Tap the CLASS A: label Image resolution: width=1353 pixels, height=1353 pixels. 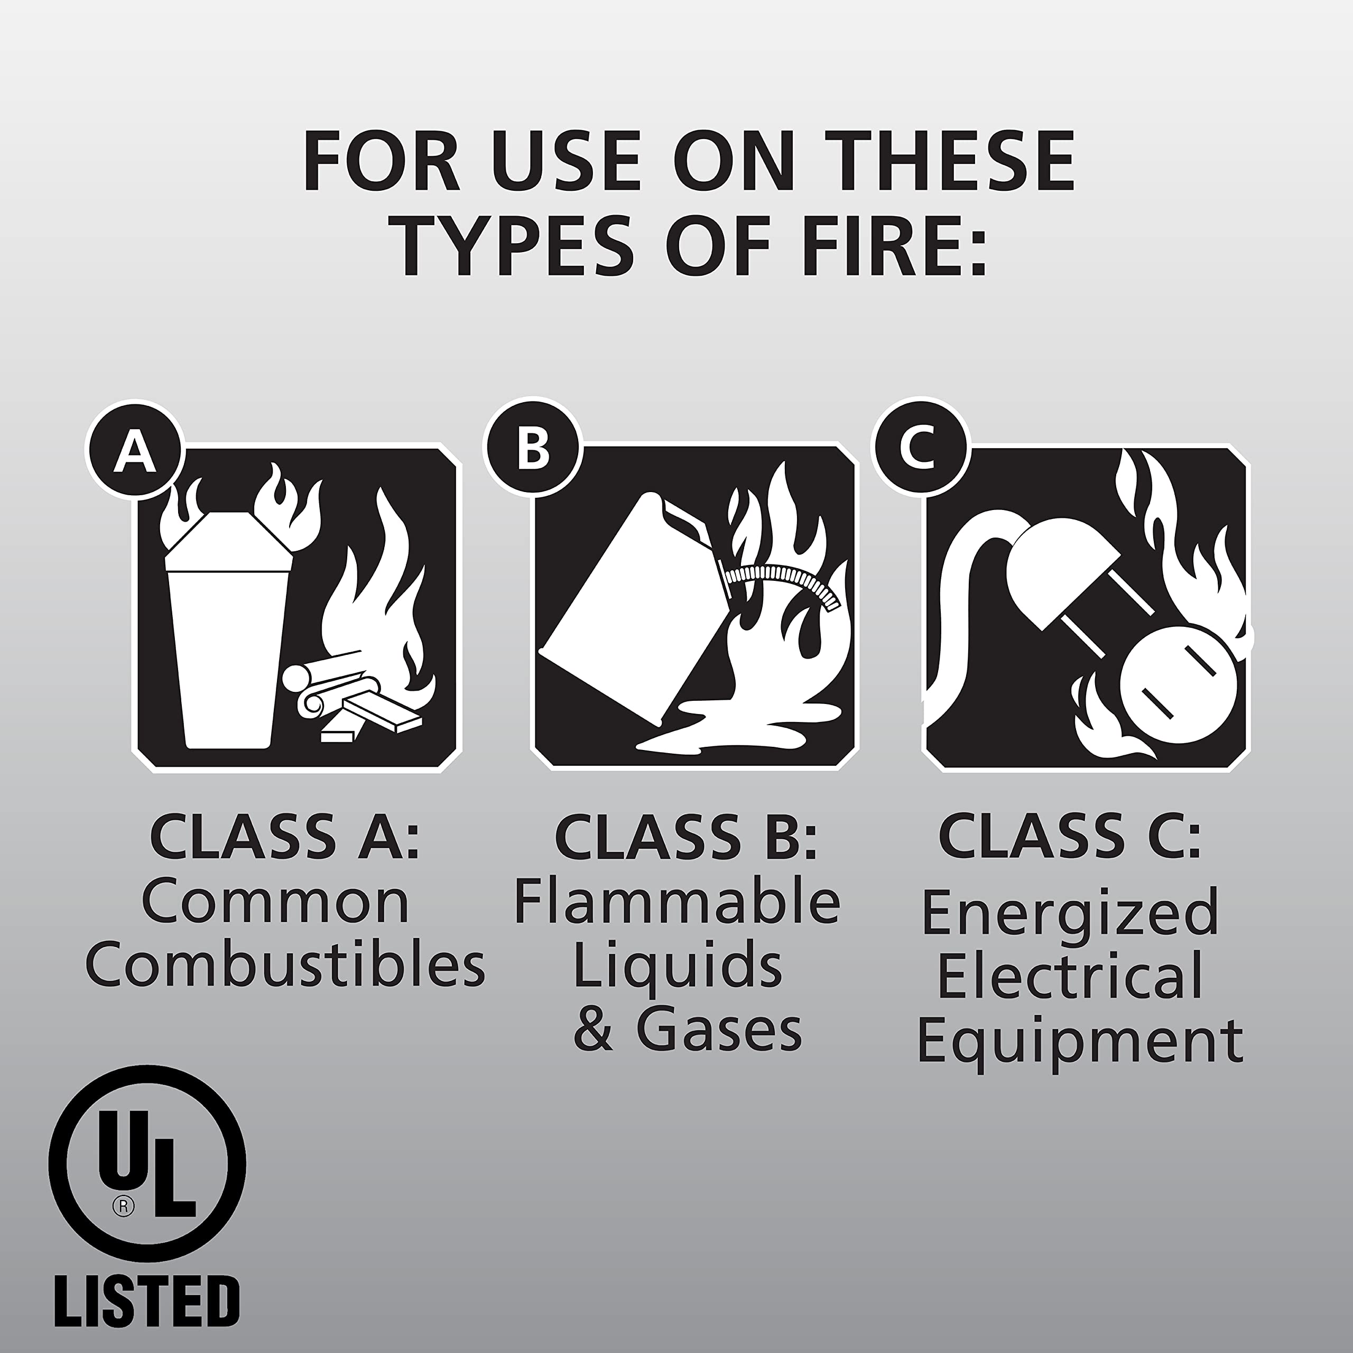[x=284, y=837]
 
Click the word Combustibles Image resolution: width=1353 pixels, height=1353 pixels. [x=285, y=965]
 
